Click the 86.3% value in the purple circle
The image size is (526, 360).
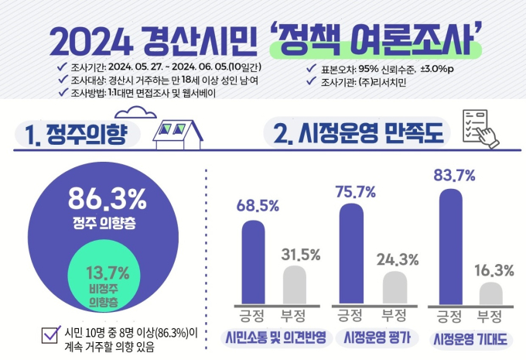click(x=106, y=201)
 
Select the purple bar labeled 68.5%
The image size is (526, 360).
click(x=253, y=261)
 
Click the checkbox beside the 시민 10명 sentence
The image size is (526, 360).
click(x=53, y=334)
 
